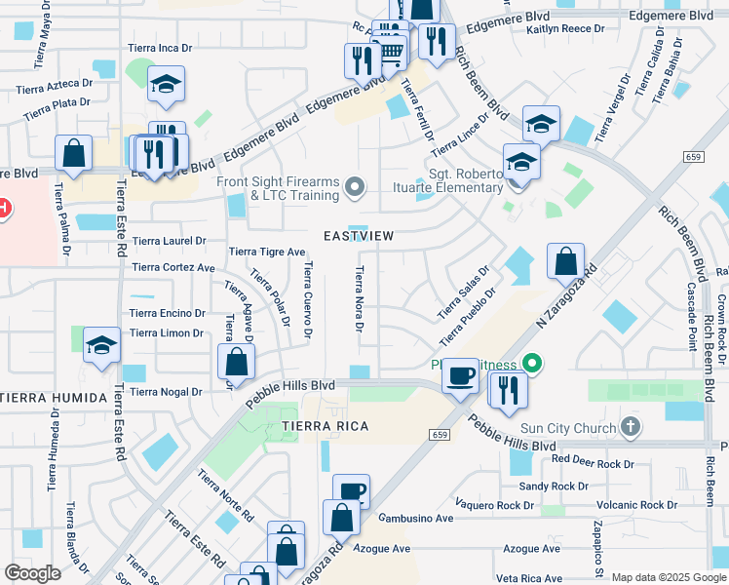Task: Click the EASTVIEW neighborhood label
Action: (360, 236)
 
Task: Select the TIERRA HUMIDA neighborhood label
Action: (54, 398)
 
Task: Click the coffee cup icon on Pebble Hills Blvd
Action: (461, 373)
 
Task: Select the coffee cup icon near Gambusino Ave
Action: (351, 490)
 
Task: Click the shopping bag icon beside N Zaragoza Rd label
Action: (565, 260)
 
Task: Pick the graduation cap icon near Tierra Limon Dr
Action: (101, 345)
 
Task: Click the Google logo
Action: (32, 573)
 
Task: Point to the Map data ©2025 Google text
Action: (668, 577)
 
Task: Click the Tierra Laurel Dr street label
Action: (170, 241)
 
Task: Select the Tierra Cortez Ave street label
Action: (173, 267)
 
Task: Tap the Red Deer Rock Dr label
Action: (593, 459)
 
